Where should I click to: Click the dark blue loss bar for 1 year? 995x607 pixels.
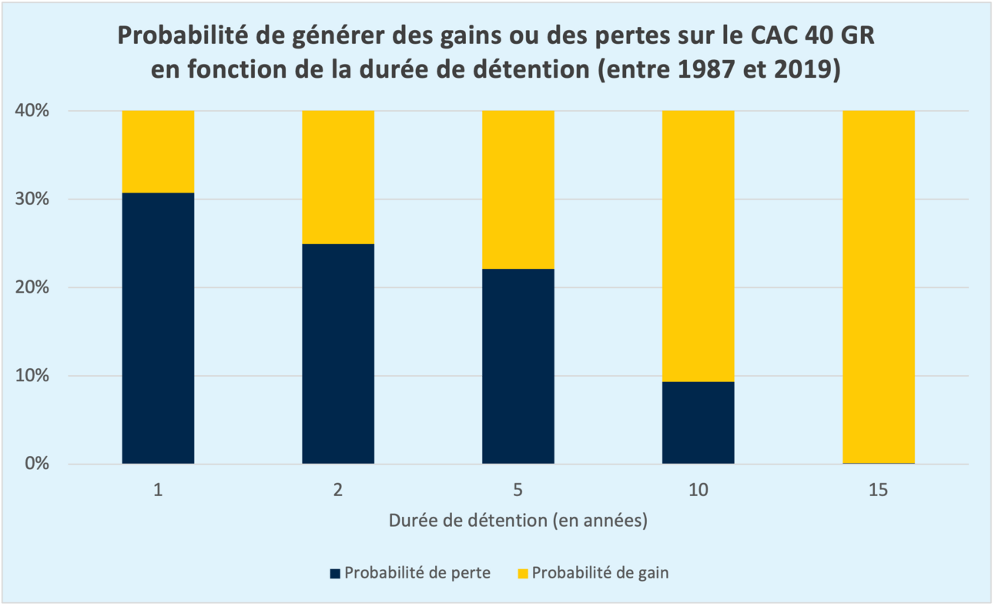tap(158, 328)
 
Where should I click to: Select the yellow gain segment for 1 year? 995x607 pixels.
tap(158, 151)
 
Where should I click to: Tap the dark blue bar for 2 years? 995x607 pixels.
tap(338, 354)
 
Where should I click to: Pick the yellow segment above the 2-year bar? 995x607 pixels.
tap(338, 177)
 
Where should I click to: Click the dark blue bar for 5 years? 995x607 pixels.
tap(518, 366)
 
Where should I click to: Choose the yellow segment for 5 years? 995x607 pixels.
tap(518, 189)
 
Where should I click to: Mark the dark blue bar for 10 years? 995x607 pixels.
tap(698, 422)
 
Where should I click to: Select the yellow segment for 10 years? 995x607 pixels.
tap(698, 246)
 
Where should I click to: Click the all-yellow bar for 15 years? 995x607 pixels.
tap(878, 287)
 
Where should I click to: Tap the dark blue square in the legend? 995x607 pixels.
tap(334, 573)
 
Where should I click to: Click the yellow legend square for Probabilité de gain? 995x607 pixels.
tap(522, 573)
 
